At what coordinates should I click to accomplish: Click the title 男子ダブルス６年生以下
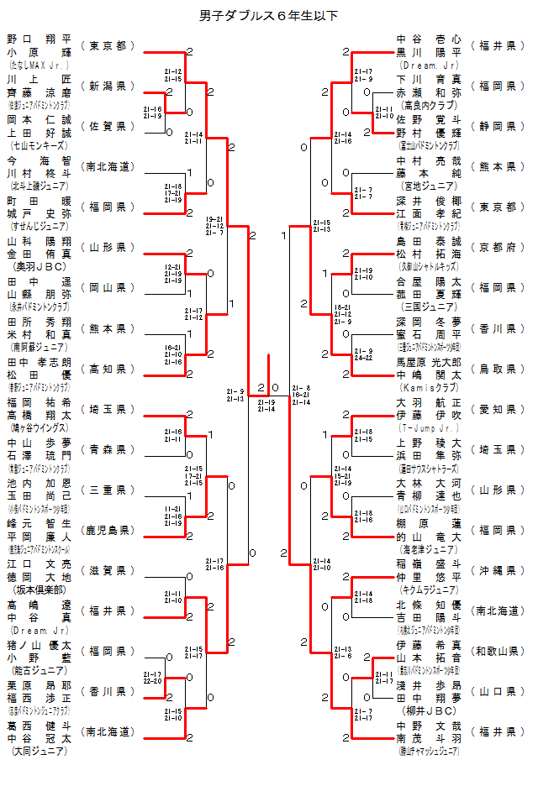(269, 15)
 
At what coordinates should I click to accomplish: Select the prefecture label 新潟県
(108, 86)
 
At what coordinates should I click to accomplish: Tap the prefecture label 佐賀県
(108, 126)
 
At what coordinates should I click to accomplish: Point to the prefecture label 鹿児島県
(108, 530)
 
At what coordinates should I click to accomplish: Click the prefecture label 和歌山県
(497, 650)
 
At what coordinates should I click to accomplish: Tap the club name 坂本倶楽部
(39, 589)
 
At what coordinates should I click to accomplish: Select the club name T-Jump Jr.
(428, 427)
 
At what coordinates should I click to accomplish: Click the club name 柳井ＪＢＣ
(428, 710)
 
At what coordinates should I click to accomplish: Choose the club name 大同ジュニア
(39, 750)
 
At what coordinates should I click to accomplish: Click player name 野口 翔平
(39, 39)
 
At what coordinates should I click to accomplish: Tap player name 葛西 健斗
(39, 726)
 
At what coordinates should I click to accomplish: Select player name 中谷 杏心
(428, 39)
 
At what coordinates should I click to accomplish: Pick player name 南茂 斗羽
(428, 738)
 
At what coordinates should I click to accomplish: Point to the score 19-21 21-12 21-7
(214, 225)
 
